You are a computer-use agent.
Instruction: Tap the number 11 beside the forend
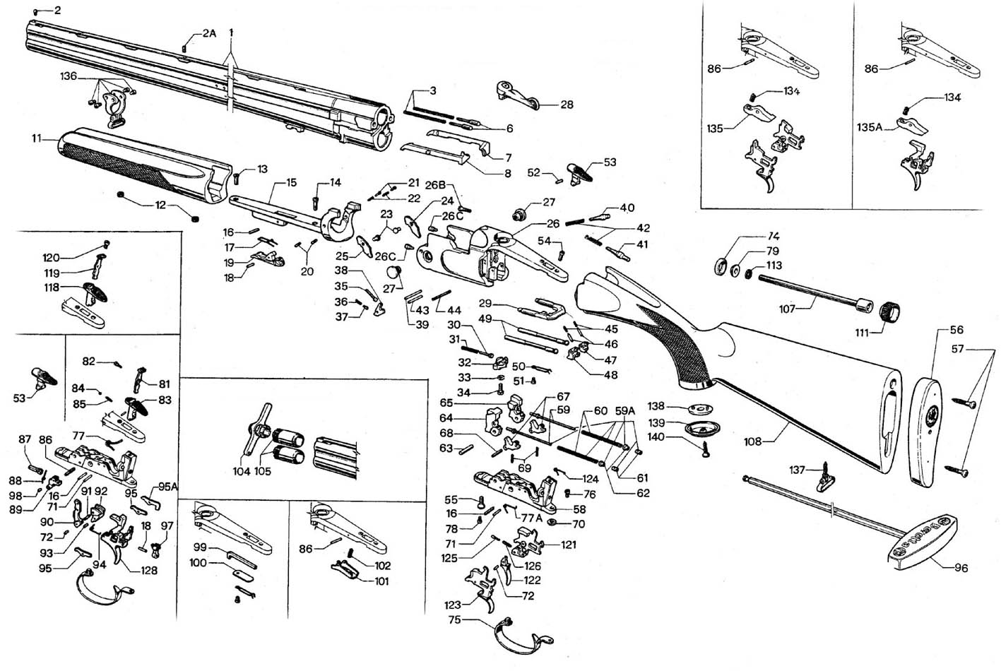[x=37, y=139]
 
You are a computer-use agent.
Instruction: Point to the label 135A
[x=870, y=129]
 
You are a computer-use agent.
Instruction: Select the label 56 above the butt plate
[x=956, y=330]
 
